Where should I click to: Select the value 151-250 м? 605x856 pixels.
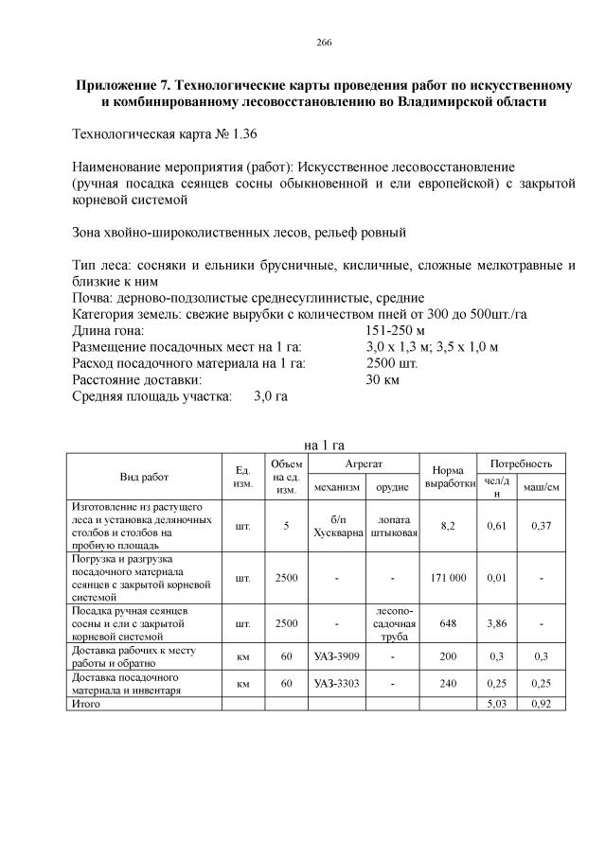pos(396,331)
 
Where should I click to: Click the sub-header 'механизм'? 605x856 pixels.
pos(337,487)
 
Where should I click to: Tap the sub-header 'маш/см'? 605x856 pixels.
pos(541,487)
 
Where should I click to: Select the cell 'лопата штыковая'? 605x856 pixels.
pos(393,526)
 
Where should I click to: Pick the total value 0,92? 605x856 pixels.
pos(541,704)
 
